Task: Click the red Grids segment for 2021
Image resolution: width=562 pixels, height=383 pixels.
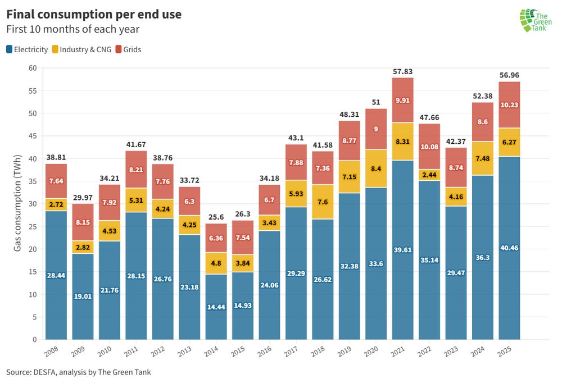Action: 402,100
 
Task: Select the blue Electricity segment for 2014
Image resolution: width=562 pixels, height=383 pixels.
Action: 216,306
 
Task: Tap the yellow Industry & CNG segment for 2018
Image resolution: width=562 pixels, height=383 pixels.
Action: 323,202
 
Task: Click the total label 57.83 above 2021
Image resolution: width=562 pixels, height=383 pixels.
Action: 402,72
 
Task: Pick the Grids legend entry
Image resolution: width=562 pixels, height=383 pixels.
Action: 128,49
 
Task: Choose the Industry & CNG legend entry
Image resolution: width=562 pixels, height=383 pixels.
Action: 82,49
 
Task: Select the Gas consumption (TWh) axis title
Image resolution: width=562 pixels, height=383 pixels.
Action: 17,204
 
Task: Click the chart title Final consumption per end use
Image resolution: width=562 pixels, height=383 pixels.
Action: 94,15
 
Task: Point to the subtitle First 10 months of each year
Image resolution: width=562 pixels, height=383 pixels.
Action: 73,29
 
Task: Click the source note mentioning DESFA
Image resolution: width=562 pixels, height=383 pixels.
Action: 79,372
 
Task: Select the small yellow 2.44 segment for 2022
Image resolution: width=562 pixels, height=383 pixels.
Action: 429,175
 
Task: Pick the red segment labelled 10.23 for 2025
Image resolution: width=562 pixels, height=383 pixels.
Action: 509,105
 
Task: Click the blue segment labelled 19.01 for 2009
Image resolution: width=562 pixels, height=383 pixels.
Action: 83,296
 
